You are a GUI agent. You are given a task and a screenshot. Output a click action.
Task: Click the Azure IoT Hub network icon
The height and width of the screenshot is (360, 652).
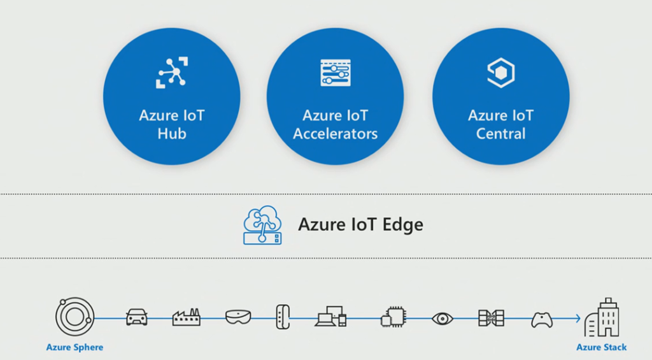pos(171,72)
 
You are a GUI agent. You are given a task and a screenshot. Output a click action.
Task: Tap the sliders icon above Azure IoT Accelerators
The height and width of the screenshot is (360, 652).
pos(335,73)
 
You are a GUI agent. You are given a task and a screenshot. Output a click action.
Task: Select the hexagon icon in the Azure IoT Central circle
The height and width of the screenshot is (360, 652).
pos(500,73)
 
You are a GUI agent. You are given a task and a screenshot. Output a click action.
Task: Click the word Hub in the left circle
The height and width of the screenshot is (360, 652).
pos(171,134)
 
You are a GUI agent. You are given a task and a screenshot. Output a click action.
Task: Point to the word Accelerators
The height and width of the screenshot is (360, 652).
pos(335,134)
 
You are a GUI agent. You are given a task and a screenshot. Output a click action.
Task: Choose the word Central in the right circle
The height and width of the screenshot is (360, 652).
pos(500,134)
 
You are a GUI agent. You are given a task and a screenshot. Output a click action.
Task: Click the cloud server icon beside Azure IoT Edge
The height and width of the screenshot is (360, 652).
pos(262,225)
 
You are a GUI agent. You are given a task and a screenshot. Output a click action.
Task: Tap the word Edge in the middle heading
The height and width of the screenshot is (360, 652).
pos(402,224)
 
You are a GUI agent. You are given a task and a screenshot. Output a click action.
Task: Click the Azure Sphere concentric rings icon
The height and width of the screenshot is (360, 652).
pos(74,317)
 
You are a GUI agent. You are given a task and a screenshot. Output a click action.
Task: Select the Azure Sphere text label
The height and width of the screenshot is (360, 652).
pos(74,347)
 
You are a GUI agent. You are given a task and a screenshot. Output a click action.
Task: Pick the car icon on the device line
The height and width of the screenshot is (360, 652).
pos(137,317)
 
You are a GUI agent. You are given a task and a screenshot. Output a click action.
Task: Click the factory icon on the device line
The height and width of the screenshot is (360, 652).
pos(187,317)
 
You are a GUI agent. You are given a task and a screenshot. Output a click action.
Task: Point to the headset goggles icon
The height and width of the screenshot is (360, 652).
pos(238,317)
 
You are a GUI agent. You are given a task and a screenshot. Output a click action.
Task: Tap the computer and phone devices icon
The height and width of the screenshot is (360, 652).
pos(330,317)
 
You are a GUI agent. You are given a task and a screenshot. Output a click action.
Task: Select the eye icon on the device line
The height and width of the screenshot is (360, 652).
pos(441,317)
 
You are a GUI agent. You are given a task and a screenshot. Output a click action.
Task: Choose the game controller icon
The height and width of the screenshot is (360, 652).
pos(541,317)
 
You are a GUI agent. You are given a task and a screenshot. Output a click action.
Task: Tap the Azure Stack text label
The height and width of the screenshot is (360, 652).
pos(601,347)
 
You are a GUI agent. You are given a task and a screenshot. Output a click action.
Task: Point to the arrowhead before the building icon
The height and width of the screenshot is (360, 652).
pos(577,317)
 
